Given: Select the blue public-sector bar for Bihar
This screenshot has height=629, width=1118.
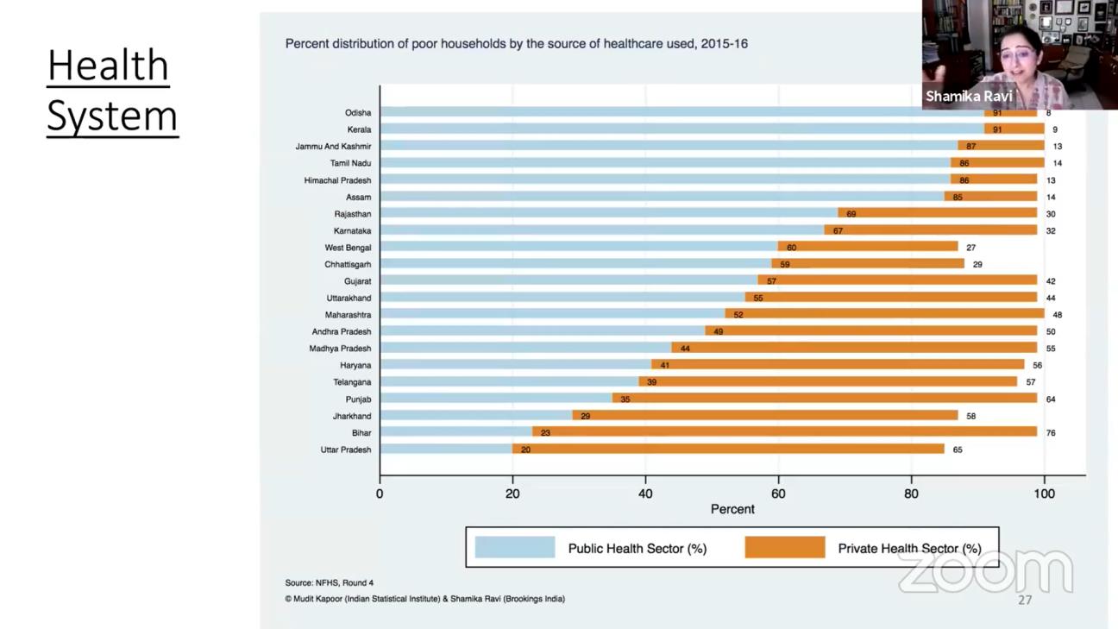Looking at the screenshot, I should pos(455,431).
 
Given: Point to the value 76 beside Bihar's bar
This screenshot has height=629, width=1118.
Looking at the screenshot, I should pos(1050,433).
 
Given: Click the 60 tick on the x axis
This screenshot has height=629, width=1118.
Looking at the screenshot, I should pos(778,494).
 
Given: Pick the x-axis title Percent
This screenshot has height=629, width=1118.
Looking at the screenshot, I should pos(732,509).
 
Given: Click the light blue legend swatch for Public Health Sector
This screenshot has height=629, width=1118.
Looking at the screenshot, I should pos(515,547).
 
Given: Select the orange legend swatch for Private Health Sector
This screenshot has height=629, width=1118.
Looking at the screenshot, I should pos(785,547).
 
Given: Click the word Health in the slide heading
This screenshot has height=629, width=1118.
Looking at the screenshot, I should pos(108,66).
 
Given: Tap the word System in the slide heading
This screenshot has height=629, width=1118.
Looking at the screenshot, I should pos(112,116).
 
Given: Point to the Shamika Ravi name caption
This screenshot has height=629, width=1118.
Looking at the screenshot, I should pos(969,96).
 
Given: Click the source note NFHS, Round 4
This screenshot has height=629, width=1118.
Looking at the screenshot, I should pos(330,583).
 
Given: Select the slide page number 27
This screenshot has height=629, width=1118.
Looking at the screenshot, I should pos(1024,600).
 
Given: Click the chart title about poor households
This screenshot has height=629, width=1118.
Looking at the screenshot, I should pos(516,43).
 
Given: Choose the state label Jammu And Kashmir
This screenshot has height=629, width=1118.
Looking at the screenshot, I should pos(333,147).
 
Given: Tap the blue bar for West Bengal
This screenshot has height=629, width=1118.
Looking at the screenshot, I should pos(578,247).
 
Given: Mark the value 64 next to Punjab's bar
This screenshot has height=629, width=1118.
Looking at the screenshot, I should pos(1050,399).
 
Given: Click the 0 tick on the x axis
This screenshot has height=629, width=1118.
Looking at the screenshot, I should pos(380,494).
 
